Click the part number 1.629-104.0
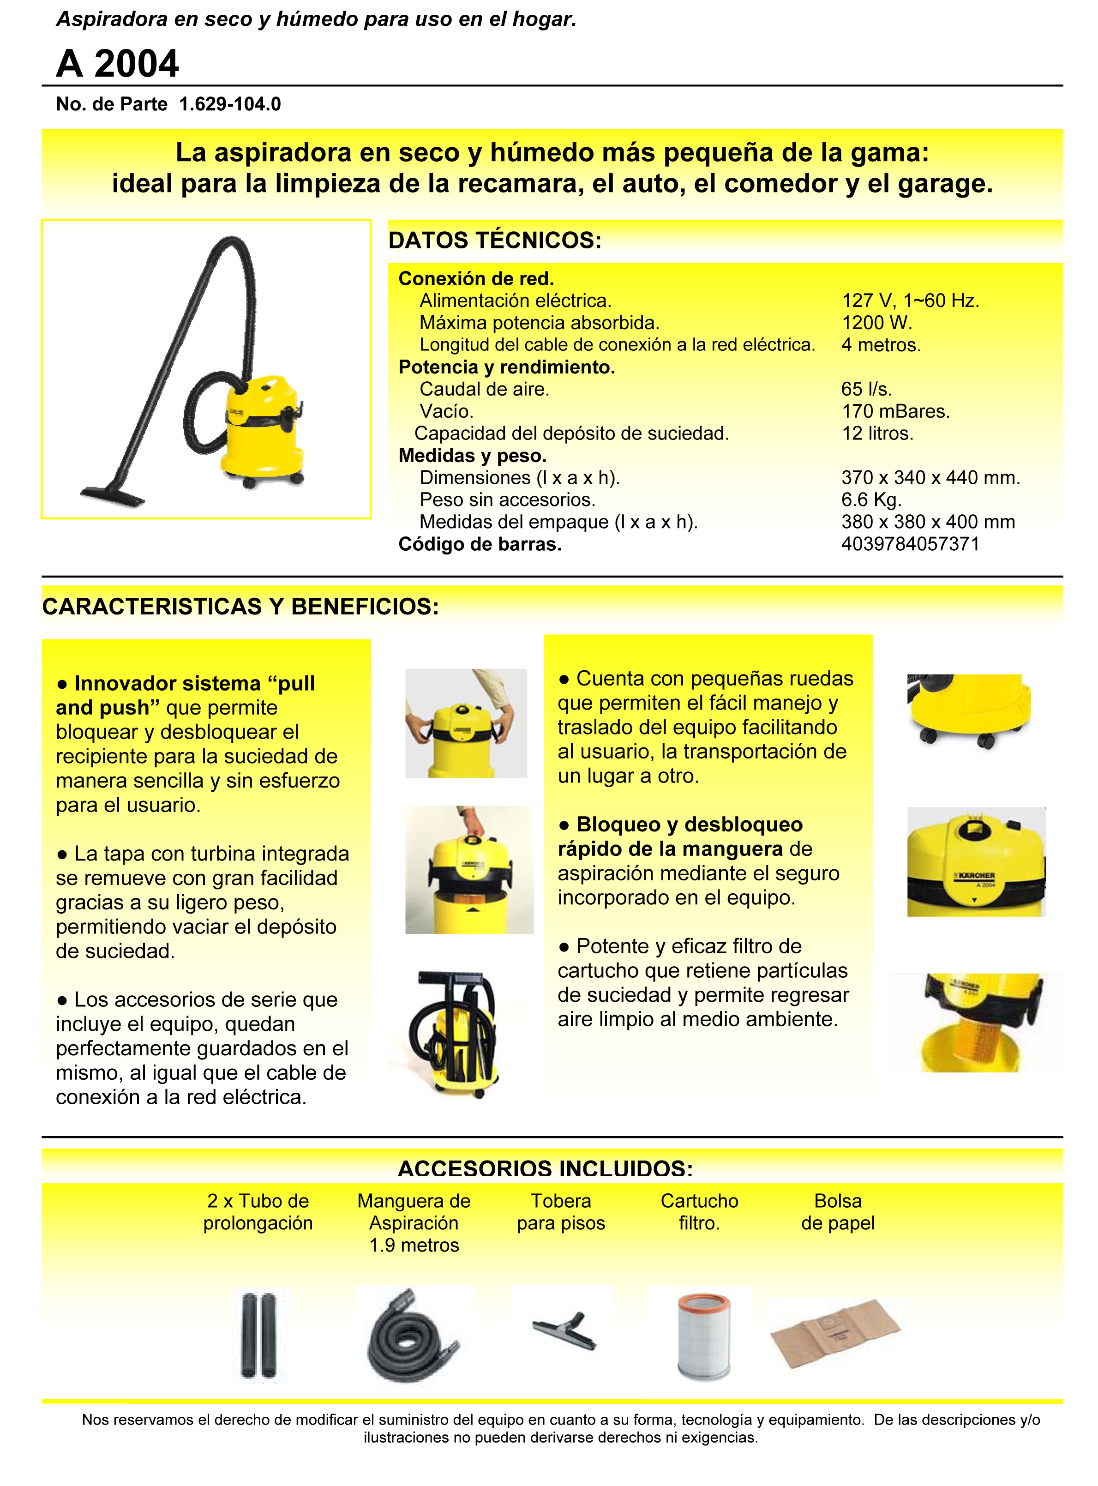230,104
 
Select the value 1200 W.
876,323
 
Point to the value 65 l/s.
866,389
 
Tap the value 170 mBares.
895,411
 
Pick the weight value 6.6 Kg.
870,499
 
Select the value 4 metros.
881,345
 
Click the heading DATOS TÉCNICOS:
494,240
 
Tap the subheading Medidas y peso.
472,456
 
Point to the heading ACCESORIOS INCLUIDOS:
545,1168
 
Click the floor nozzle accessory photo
565,1330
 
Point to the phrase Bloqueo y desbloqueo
689,824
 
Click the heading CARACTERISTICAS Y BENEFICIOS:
240,607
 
